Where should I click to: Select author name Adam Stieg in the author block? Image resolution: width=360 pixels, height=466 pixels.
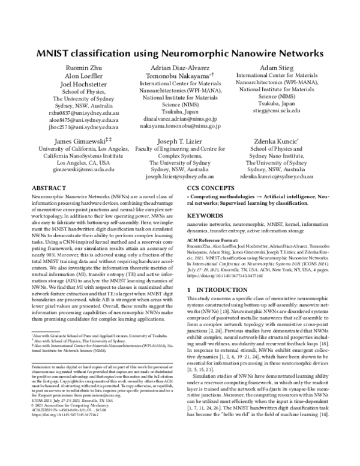275,68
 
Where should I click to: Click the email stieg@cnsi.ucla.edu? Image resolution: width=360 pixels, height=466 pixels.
275,111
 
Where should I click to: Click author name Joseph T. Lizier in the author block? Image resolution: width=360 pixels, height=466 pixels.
179,141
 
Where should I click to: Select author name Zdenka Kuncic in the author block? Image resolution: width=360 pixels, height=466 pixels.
275,141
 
